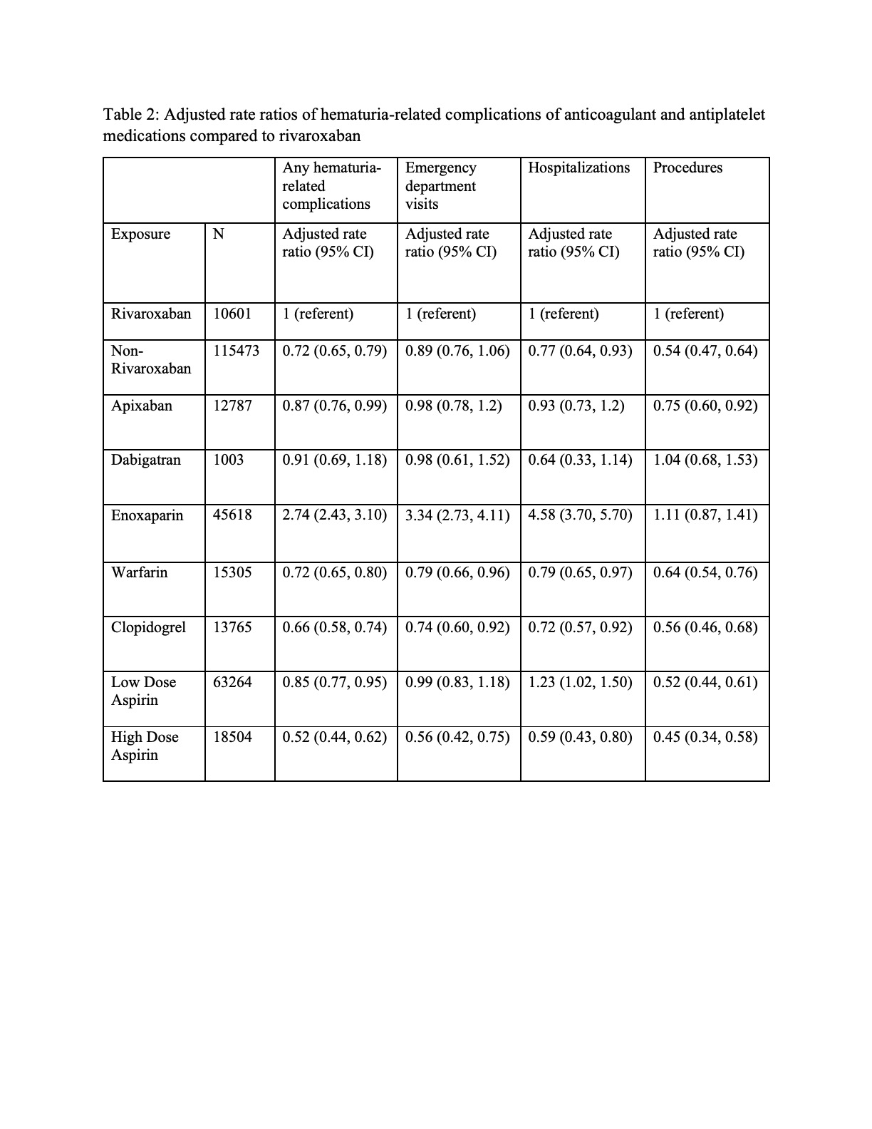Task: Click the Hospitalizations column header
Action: point(578,168)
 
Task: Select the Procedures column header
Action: point(687,168)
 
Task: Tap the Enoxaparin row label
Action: point(147,515)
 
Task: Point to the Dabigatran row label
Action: point(145,460)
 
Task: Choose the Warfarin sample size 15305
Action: point(232,572)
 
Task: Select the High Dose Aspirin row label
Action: point(145,746)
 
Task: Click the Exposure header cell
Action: point(140,234)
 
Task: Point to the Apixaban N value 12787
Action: point(232,406)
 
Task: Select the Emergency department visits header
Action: point(440,186)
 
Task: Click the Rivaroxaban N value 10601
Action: point(232,314)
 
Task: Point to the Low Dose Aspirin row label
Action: point(143,691)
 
